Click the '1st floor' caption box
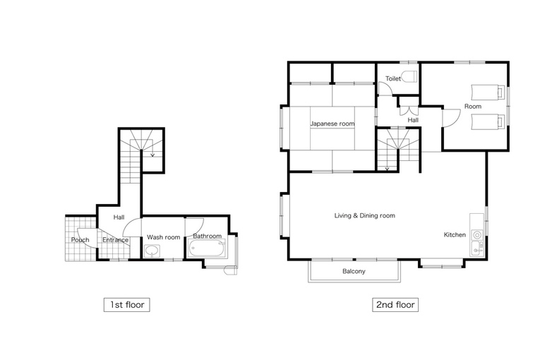pyautogui.click(x=127, y=305)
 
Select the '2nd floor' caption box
pyautogui.click(x=395, y=305)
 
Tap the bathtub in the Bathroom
pyautogui.click(x=207, y=248)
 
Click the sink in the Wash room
pyautogui.click(x=152, y=251)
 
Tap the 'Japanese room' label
pyautogui.click(x=332, y=124)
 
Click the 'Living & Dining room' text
pyautogui.click(x=365, y=216)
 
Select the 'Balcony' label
pyautogui.click(x=354, y=272)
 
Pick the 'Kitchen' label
pyautogui.click(x=455, y=234)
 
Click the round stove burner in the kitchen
pyautogui.click(x=477, y=235)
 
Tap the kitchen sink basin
pyautogui.click(x=476, y=248)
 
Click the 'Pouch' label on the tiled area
pyautogui.click(x=80, y=240)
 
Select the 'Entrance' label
pyautogui.click(x=115, y=240)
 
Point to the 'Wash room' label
pyautogui.click(x=164, y=237)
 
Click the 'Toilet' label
pyautogui.click(x=393, y=78)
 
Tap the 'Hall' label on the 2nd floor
pyautogui.click(x=413, y=120)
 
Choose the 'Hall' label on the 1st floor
pyautogui.click(x=119, y=217)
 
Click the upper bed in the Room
pyautogui.click(x=488, y=92)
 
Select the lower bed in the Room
pyautogui.click(x=488, y=121)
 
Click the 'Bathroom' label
pyautogui.click(x=207, y=236)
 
